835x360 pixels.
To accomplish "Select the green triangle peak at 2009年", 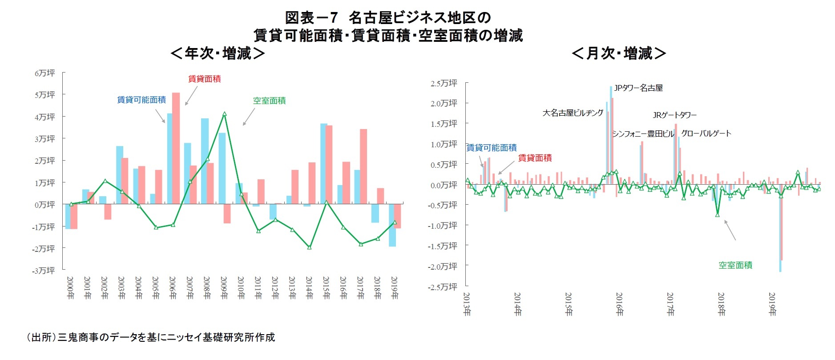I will pyautogui.click(x=224, y=114).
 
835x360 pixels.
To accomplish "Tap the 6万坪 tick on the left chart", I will pyautogui.click(x=45, y=73).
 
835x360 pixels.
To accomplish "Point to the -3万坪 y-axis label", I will pyautogui.click(x=43, y=271).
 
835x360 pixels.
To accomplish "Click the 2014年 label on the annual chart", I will pyautogui.click(x=309, y=287).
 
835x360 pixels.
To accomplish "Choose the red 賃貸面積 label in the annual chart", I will pyautogui.click(x=204, y=79).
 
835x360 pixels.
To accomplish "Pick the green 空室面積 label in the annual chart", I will pyautogui.click(x=269, y=101).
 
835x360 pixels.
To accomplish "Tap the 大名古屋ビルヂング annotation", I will pyautogui.click(x=573, y=113).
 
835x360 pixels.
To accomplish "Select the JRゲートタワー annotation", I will pyautogui.click(x=674, y=115).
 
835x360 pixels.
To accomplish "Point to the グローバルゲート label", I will pyautogui.click(x=706, y=133).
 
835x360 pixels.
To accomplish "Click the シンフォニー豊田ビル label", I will pyautogui.click(x=643, y=134).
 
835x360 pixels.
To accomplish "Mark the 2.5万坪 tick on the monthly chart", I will pyautogui.click(x=444, y=83).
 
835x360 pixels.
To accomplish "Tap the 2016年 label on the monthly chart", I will pyautogui.click(x=619, y=304).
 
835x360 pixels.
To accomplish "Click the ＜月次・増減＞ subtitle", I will pyautogui.click(x=619, y=53).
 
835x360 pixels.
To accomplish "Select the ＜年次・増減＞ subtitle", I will pyautogui.click(x=218, y=53).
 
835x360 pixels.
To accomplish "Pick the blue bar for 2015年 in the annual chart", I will pyautogui.click(x=324, y=164).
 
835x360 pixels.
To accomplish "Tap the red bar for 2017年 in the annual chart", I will pyautogui.click(x=363, y=166).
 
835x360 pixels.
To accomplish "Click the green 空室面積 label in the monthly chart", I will pyautogui.click(x=735, y=265).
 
